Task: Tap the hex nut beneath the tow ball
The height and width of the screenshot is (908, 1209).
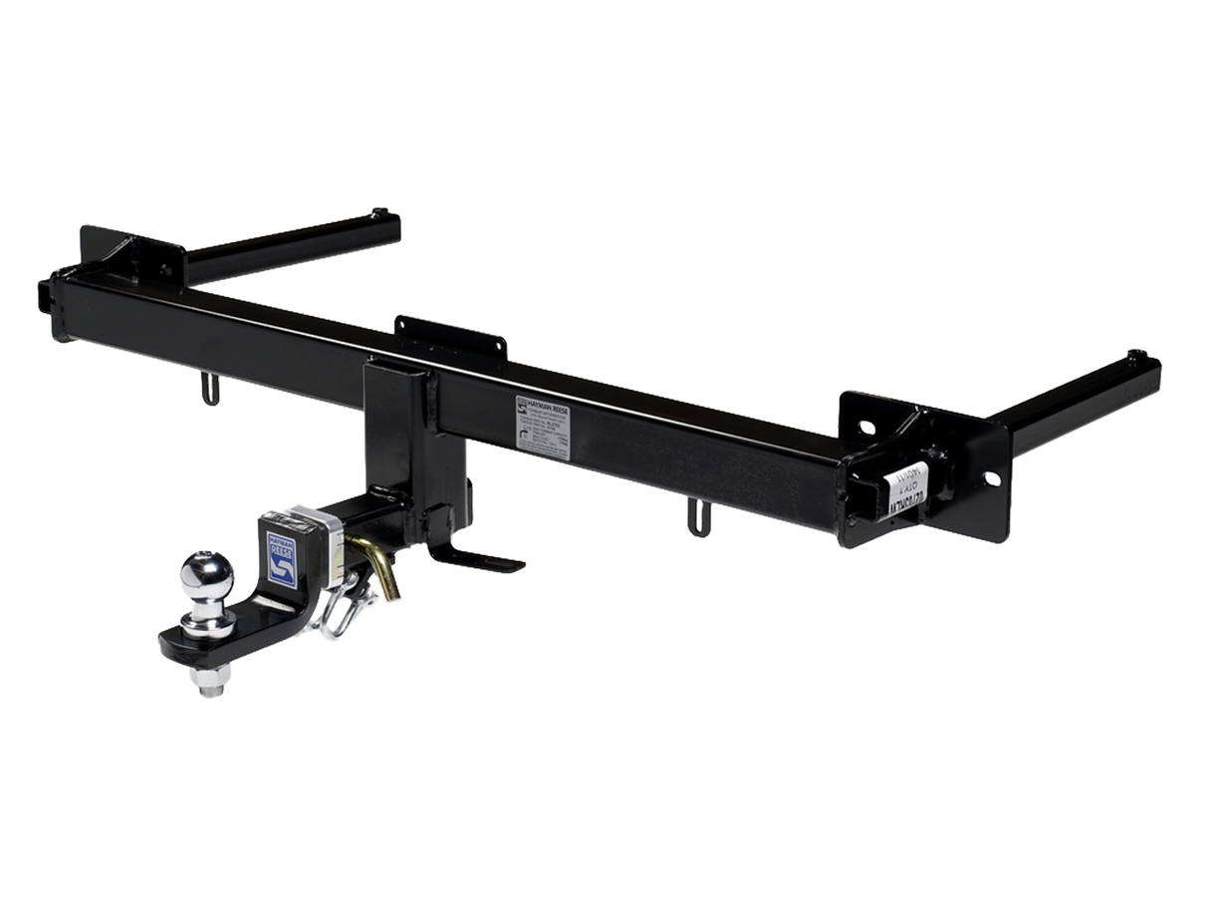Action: click(211, 681)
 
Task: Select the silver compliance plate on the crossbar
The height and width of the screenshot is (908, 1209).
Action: click(543, 429)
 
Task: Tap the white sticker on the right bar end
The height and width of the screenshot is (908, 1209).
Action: click(906, 490)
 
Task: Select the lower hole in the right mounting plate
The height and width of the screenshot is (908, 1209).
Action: click(991, 479)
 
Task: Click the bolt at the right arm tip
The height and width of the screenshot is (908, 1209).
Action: click(1135, 356)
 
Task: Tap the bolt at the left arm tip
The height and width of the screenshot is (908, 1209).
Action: click(379, 213)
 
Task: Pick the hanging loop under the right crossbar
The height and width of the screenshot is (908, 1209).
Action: click(700, 517)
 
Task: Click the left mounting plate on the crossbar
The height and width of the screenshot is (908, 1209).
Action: click(129, 255)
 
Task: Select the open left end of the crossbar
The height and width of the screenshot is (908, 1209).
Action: click(46, 295)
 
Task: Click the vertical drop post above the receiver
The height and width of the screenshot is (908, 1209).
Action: click(398, 429)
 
